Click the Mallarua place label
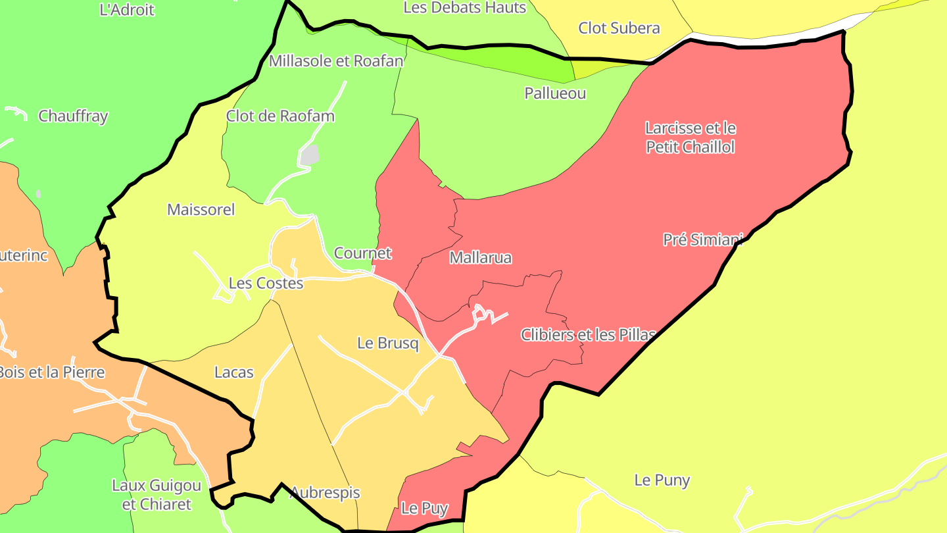coord(480,257)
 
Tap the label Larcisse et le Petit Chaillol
coord(690,138)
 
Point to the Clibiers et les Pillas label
coord(588,335)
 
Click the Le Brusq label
coord(387,343)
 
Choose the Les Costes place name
coord(266,284)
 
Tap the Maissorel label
coord(201,210)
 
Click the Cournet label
coord(362,253)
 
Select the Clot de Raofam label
coord(280,116)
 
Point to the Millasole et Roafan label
coord(335,62)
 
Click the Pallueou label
coord(555,93)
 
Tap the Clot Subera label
coord(619,28)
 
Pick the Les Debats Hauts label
coord(464,8)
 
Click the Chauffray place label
coord(73,116)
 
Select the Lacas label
coord(233,372)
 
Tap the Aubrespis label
coord(325,493)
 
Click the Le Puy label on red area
coord(424,509)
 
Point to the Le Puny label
coord(662,480)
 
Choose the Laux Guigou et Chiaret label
coord(157,495)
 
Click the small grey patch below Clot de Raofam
coord(310,155)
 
